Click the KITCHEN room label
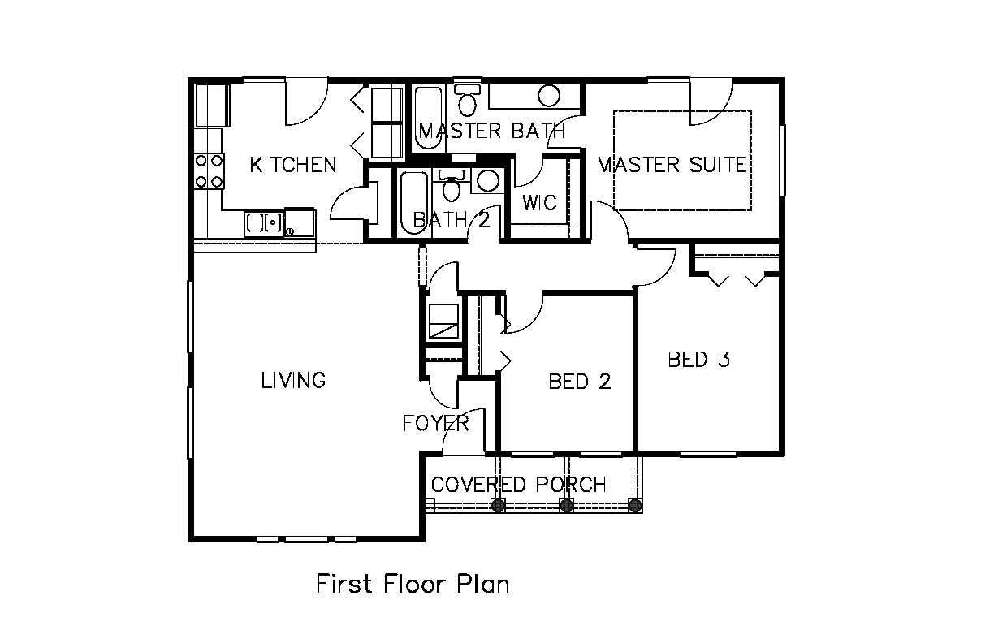coord(293,165)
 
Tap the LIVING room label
coord(293,380)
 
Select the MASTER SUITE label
coord(672,164)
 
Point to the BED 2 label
coord(580,382)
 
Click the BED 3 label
coord(699,360)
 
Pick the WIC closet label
coord(539,202)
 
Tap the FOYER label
coord(436,423)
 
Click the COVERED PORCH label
coord(519,485)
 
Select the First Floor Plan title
coord(413,584)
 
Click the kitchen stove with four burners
coord(209,171)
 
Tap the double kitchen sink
coord(264,222)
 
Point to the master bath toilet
coord(467,100)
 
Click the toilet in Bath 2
coord(452,185)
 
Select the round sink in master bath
coord(548,96)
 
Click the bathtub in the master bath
coord(428,118)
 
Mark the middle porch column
coord(566,505)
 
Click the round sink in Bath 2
coord(488,181)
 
